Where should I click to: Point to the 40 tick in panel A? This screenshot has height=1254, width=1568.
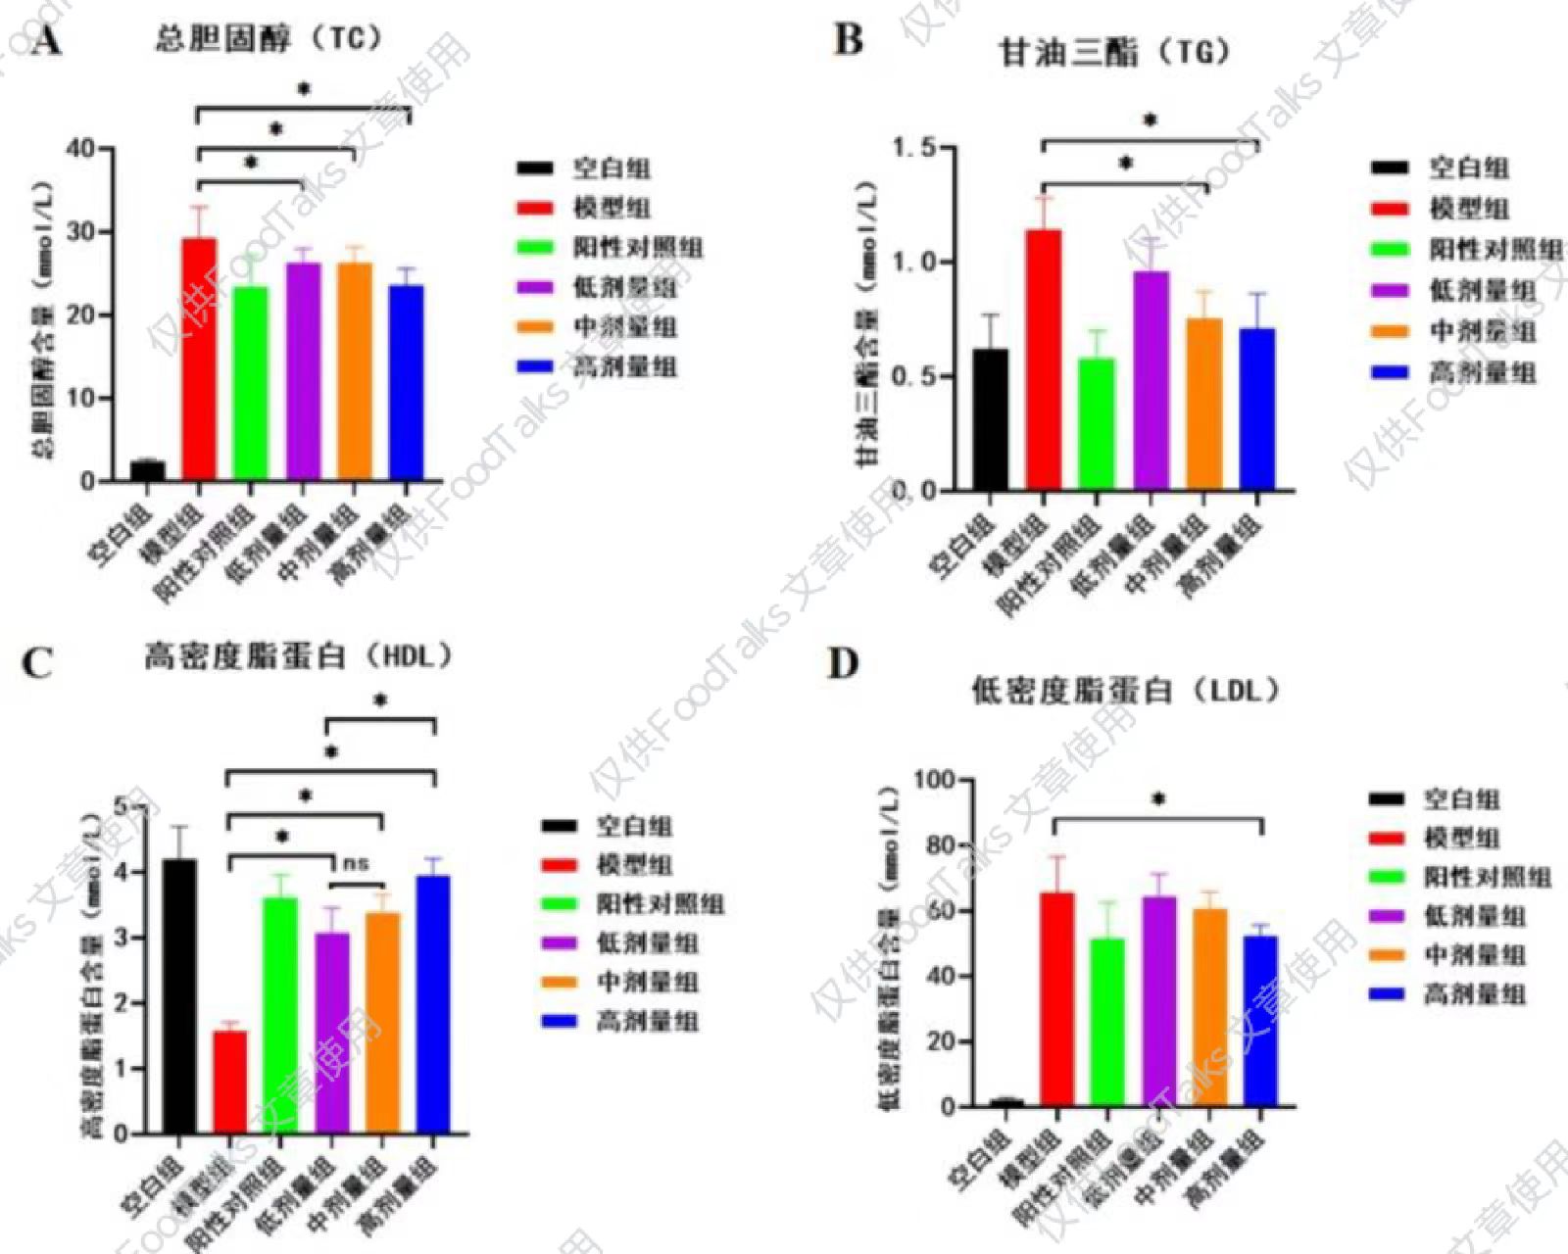click(x=82, y=149)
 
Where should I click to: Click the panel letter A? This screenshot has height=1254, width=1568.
click(x=46, y=42)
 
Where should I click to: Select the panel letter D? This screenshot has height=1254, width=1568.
click(x=843, y=664)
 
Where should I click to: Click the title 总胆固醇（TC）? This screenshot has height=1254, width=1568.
click(x=268, y=39)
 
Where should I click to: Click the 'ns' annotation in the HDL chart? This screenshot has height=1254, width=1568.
click(x=356, y=864)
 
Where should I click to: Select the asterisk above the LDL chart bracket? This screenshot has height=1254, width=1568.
click(x=1158, y=799)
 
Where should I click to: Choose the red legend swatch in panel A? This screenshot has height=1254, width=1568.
click(x=534, y=208)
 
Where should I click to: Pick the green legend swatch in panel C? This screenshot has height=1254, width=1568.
click(x=559, y=904)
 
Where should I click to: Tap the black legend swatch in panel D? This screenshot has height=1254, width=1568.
click(x=1387, y=800)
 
